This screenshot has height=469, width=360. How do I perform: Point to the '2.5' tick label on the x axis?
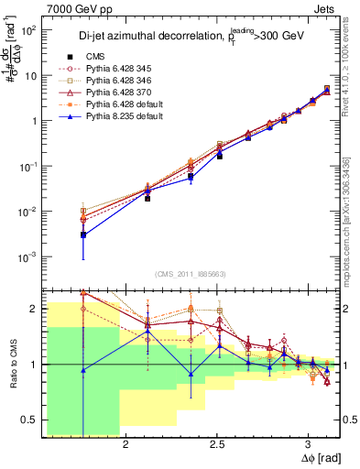tap(217, 446)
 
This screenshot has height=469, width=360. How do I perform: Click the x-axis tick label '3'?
tap(309, 446)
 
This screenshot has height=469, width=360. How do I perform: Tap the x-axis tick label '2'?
tap(126, 446)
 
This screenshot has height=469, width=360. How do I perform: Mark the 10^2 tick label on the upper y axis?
tap(27, 30)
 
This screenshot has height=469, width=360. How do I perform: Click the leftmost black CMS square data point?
tap(83, 235)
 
